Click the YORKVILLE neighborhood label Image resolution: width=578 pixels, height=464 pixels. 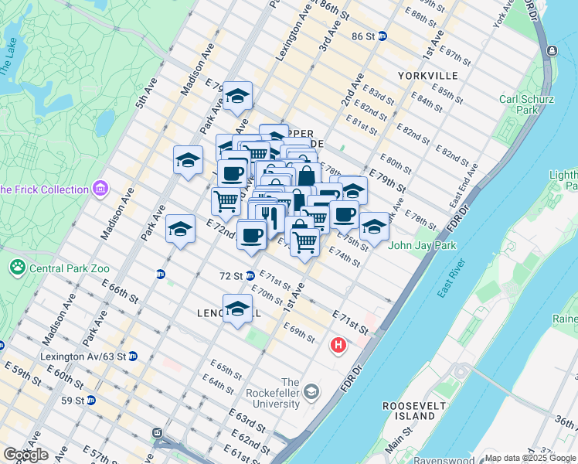(428, 76)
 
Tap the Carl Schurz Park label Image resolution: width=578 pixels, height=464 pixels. (518, 104)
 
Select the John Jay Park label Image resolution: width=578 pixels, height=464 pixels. (422, 246)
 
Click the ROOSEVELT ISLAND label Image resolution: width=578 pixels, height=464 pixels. (410, 411)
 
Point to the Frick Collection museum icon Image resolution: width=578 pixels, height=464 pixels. (100, 189)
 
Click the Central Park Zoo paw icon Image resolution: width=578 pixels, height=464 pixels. (17, 267)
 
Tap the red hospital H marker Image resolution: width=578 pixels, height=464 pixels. (338, 345)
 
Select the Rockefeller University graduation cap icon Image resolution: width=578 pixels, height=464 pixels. (311, 392)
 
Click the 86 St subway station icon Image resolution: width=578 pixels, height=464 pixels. (382, 36)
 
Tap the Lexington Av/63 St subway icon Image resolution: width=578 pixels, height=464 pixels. (132, 357)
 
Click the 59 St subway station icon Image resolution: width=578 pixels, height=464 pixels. (90, 401)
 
